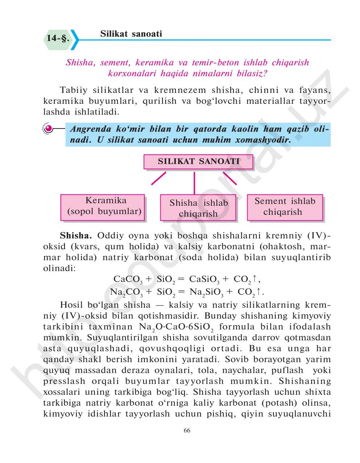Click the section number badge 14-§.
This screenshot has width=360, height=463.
pyautogui.click(x=58, y=38)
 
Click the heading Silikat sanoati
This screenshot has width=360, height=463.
pyautogui.click(x=131, y=34)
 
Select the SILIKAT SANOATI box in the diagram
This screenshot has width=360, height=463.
pyautogui.click(x=198, y=162)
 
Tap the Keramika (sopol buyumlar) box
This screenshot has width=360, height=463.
pyautogui.click(x=103, y=207)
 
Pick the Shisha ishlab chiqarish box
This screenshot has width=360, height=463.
pyautogui.click(x=198, y=208)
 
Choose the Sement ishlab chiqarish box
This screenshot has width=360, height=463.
pyautogui.click(x=285, y=207)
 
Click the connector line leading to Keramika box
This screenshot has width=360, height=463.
pyautogui.click(x=158, y=179)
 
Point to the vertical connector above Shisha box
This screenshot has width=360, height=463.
pyautogui.click(x=194, y=183)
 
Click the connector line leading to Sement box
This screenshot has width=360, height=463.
pyautogui.click(x=230, y=179)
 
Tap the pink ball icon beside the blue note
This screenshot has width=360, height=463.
pyautogui.click(x=48, y=128)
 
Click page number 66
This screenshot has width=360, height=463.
pyautogui.click(x=187, y=430)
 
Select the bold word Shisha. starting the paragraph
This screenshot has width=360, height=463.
pyautogui.click(x=76, y=235)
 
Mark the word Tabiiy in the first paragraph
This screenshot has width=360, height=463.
pyautogui.click(x=74, y=90)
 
